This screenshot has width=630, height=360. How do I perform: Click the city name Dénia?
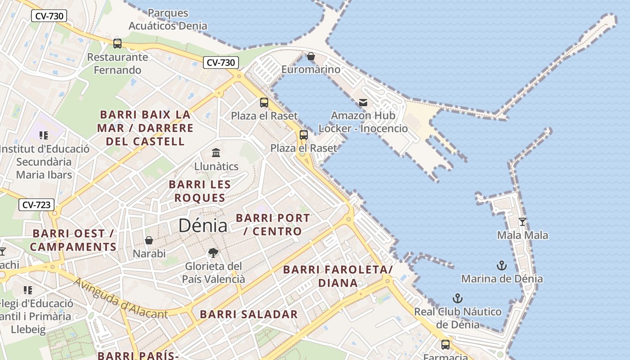203,225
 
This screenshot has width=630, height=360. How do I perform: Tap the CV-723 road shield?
36,205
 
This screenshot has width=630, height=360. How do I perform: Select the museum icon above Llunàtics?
216,153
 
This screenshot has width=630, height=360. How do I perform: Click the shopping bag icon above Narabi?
149,240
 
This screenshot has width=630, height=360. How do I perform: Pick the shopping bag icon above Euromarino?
310,56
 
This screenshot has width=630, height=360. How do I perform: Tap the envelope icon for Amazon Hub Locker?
363,103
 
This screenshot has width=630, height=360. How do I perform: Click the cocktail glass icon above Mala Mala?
522,221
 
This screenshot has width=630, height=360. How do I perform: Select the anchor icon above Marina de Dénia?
502,265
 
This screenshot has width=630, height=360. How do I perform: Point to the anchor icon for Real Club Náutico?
458,298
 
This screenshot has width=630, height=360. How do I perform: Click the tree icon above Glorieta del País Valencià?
213,253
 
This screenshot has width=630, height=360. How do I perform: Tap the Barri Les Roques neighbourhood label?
200,191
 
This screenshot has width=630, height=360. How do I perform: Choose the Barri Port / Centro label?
273,225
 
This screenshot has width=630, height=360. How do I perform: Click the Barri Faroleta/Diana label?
338,276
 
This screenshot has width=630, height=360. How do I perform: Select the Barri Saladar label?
249,315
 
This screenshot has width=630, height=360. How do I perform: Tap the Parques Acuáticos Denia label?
168,19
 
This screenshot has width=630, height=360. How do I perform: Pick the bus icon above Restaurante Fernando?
117,44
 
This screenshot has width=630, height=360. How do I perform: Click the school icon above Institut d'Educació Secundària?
44,135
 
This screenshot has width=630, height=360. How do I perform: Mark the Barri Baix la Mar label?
145,128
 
